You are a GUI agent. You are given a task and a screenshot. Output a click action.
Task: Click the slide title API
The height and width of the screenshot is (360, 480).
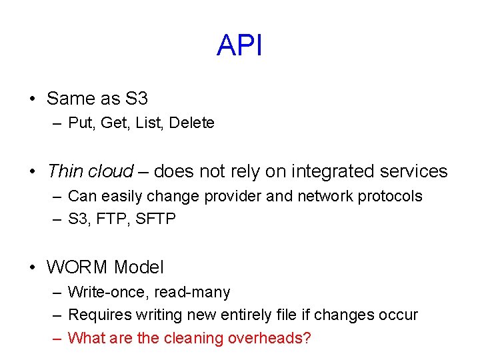click(x=239, y=46)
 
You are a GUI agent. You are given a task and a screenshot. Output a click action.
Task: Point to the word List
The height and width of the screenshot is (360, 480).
click(x=149, y=123)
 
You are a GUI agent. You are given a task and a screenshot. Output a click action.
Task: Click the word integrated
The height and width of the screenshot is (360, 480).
click(x=328, y=171)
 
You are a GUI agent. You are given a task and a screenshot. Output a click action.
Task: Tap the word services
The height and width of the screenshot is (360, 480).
click(x=414, y=171)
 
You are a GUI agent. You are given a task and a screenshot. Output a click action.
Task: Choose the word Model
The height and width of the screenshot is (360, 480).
click(x=139, y=268)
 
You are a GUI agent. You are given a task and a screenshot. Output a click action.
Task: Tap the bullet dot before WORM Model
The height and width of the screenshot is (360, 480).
click(x=32, y=268)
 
